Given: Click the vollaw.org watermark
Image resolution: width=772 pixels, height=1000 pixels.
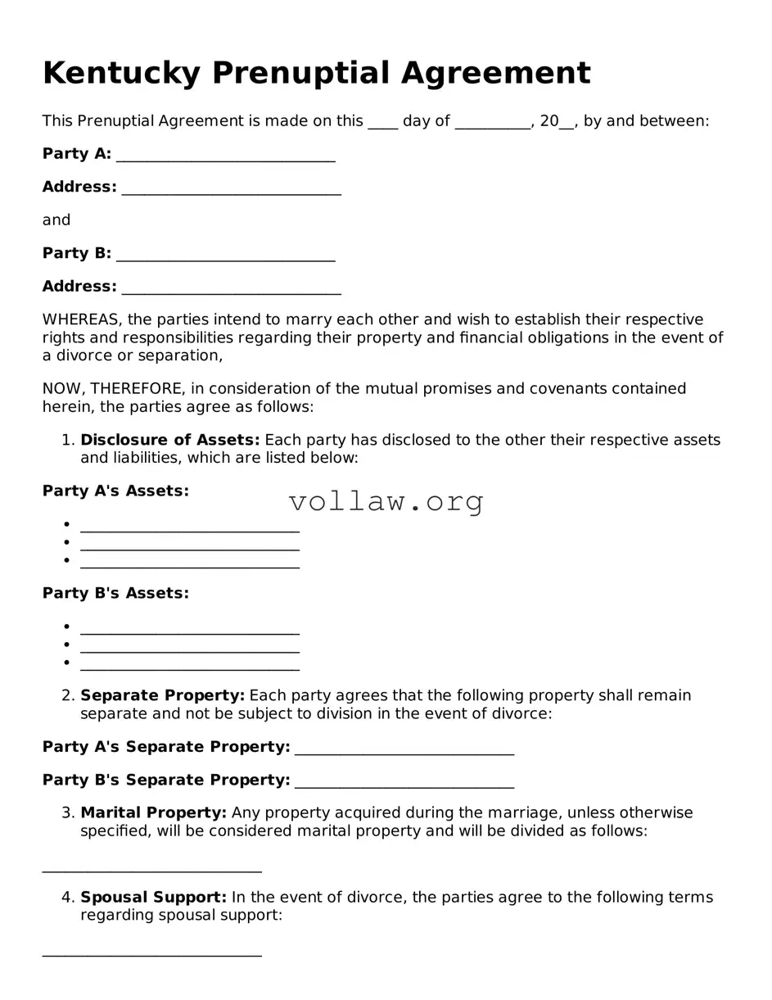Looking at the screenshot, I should [x=386, y=500].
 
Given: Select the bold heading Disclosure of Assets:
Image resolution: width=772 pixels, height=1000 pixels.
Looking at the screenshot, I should [x=169, y=440].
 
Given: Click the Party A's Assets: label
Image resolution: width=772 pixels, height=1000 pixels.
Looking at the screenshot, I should [x=115, y=491].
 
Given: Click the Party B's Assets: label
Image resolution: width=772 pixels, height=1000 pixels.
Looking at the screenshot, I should [x=115, y=593].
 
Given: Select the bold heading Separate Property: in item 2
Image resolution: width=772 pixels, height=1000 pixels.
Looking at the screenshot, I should [x=162, y=695].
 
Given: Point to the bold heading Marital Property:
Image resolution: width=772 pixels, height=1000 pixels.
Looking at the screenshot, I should [x=153, y=812].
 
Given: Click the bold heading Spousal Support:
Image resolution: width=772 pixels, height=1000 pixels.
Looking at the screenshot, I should [x=153, y=897].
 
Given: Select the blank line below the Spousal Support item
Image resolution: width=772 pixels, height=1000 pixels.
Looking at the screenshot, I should [x=151, y=952].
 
